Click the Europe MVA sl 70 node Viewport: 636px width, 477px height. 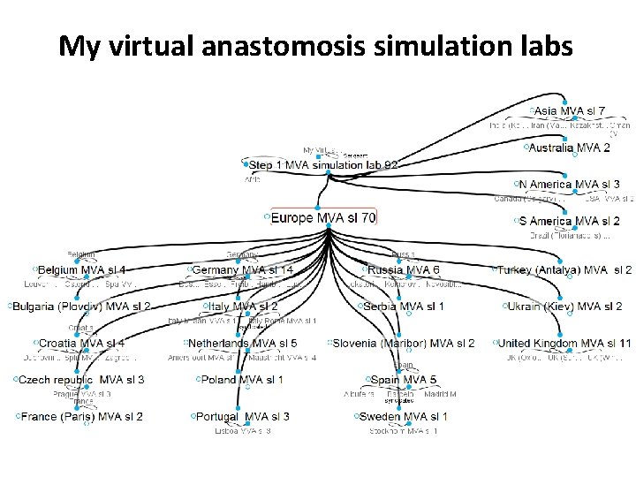[322, 216]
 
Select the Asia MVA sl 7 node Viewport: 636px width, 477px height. [570, 110]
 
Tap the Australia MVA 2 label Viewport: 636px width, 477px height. [569, 148]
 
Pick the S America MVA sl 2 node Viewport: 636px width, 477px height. [570, 221]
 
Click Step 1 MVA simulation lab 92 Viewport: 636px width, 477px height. [323, 164]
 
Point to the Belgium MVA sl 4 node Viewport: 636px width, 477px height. [81, 269]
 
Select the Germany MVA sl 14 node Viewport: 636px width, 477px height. [242, 269]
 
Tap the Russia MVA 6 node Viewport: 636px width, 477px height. [403, 269]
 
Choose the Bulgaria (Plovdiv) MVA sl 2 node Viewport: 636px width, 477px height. [81, 307]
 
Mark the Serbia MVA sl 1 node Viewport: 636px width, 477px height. [403, 307]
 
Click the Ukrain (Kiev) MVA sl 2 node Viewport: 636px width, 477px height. [564, 307]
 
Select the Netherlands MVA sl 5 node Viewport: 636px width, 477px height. [242, 343]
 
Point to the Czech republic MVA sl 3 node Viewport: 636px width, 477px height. [81, 380]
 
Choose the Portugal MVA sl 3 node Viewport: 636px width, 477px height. [242, 416]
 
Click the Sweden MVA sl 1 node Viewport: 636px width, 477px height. [403, 416]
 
